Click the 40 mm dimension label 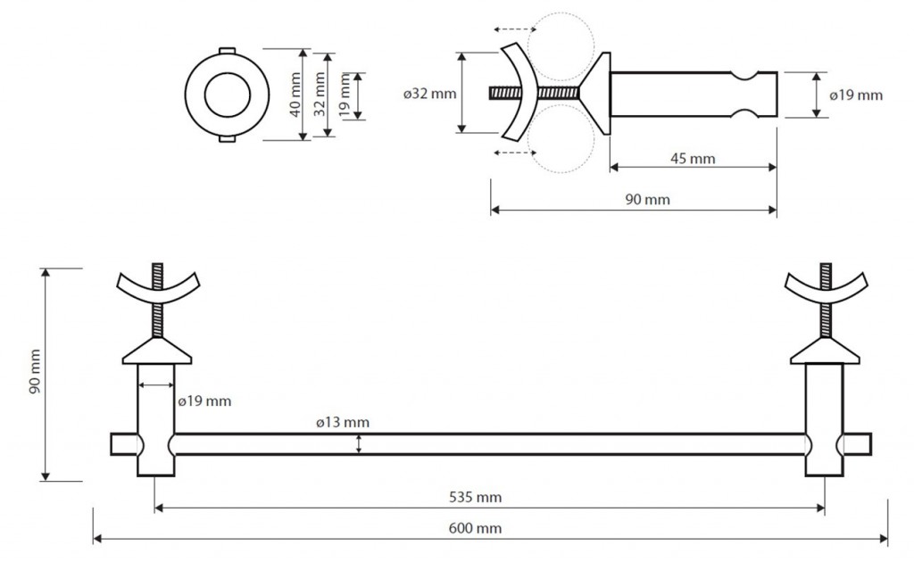coord(295,94)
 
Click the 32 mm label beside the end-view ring coord(319,94)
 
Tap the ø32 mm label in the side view coord(429,94)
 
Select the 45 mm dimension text coord(693,159)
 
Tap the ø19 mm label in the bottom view coord(205,401)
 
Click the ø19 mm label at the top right coord(856,95)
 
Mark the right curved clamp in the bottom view coord(825,288)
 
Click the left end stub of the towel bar coord(122,444)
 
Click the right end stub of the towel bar coord(858,444)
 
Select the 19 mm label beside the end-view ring coord(345,94)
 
